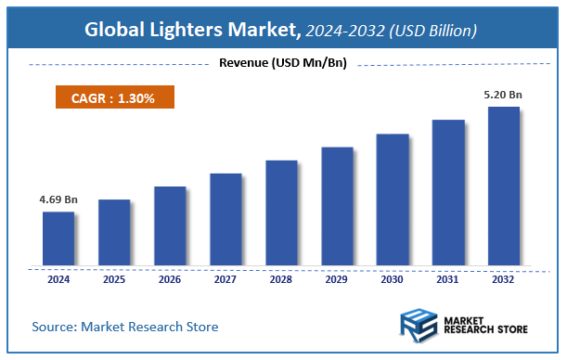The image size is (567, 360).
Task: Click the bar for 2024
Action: pyautogui.click(x=58, y=238)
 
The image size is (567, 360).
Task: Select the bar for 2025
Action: pyautogui.click(x=114, y=232)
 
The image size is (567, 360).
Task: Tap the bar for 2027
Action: pyautogui.click(x=226, y=219)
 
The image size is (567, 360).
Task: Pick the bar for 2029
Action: pyautogui.click(x=337, y=206)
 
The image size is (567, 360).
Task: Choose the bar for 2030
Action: pyautogui.click(x=393, y=199)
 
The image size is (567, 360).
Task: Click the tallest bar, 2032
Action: pyautogui.click(x=504, y=186)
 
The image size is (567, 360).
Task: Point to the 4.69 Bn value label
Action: pyautogui.click(x=58, y=199)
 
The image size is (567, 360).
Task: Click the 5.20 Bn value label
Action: pyautogui.click(x=504, y=94)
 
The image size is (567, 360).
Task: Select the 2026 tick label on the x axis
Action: pyautogui.click(x=170, y=279)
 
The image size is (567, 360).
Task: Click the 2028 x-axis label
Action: pyautogui.click(x=281, y=279)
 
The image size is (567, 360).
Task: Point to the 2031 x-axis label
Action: pyautogui.click(x=448, y=279)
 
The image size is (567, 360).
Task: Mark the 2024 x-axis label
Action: pyautogui.click(x=58, y=279)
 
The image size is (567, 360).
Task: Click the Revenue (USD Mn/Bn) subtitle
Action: pyautogui.click(x=282, y=63)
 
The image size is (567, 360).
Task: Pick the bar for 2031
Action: pyautogui.click(x=448, y=193)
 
